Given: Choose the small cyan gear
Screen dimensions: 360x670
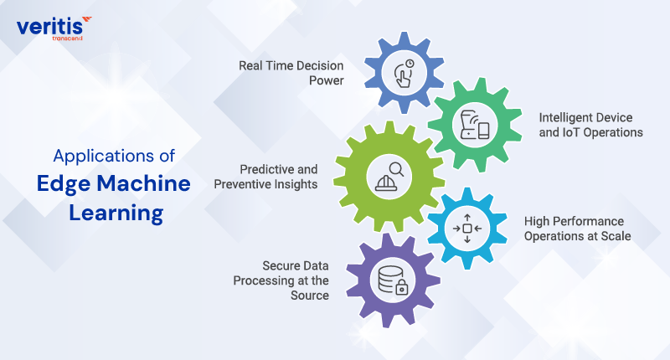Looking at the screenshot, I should [466, 228].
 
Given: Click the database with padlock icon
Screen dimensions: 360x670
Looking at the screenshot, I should [391, 280].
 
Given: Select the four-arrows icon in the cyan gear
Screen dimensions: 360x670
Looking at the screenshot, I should [466, 228].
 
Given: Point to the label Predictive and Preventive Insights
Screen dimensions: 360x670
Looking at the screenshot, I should [278, 176].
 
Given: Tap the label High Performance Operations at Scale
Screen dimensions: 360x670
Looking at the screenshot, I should [577, 229].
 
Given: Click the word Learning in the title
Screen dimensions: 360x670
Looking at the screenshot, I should [116, 213].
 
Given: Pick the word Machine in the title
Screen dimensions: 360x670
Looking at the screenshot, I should [146, 184].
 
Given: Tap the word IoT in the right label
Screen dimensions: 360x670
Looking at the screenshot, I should [569, 132].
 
